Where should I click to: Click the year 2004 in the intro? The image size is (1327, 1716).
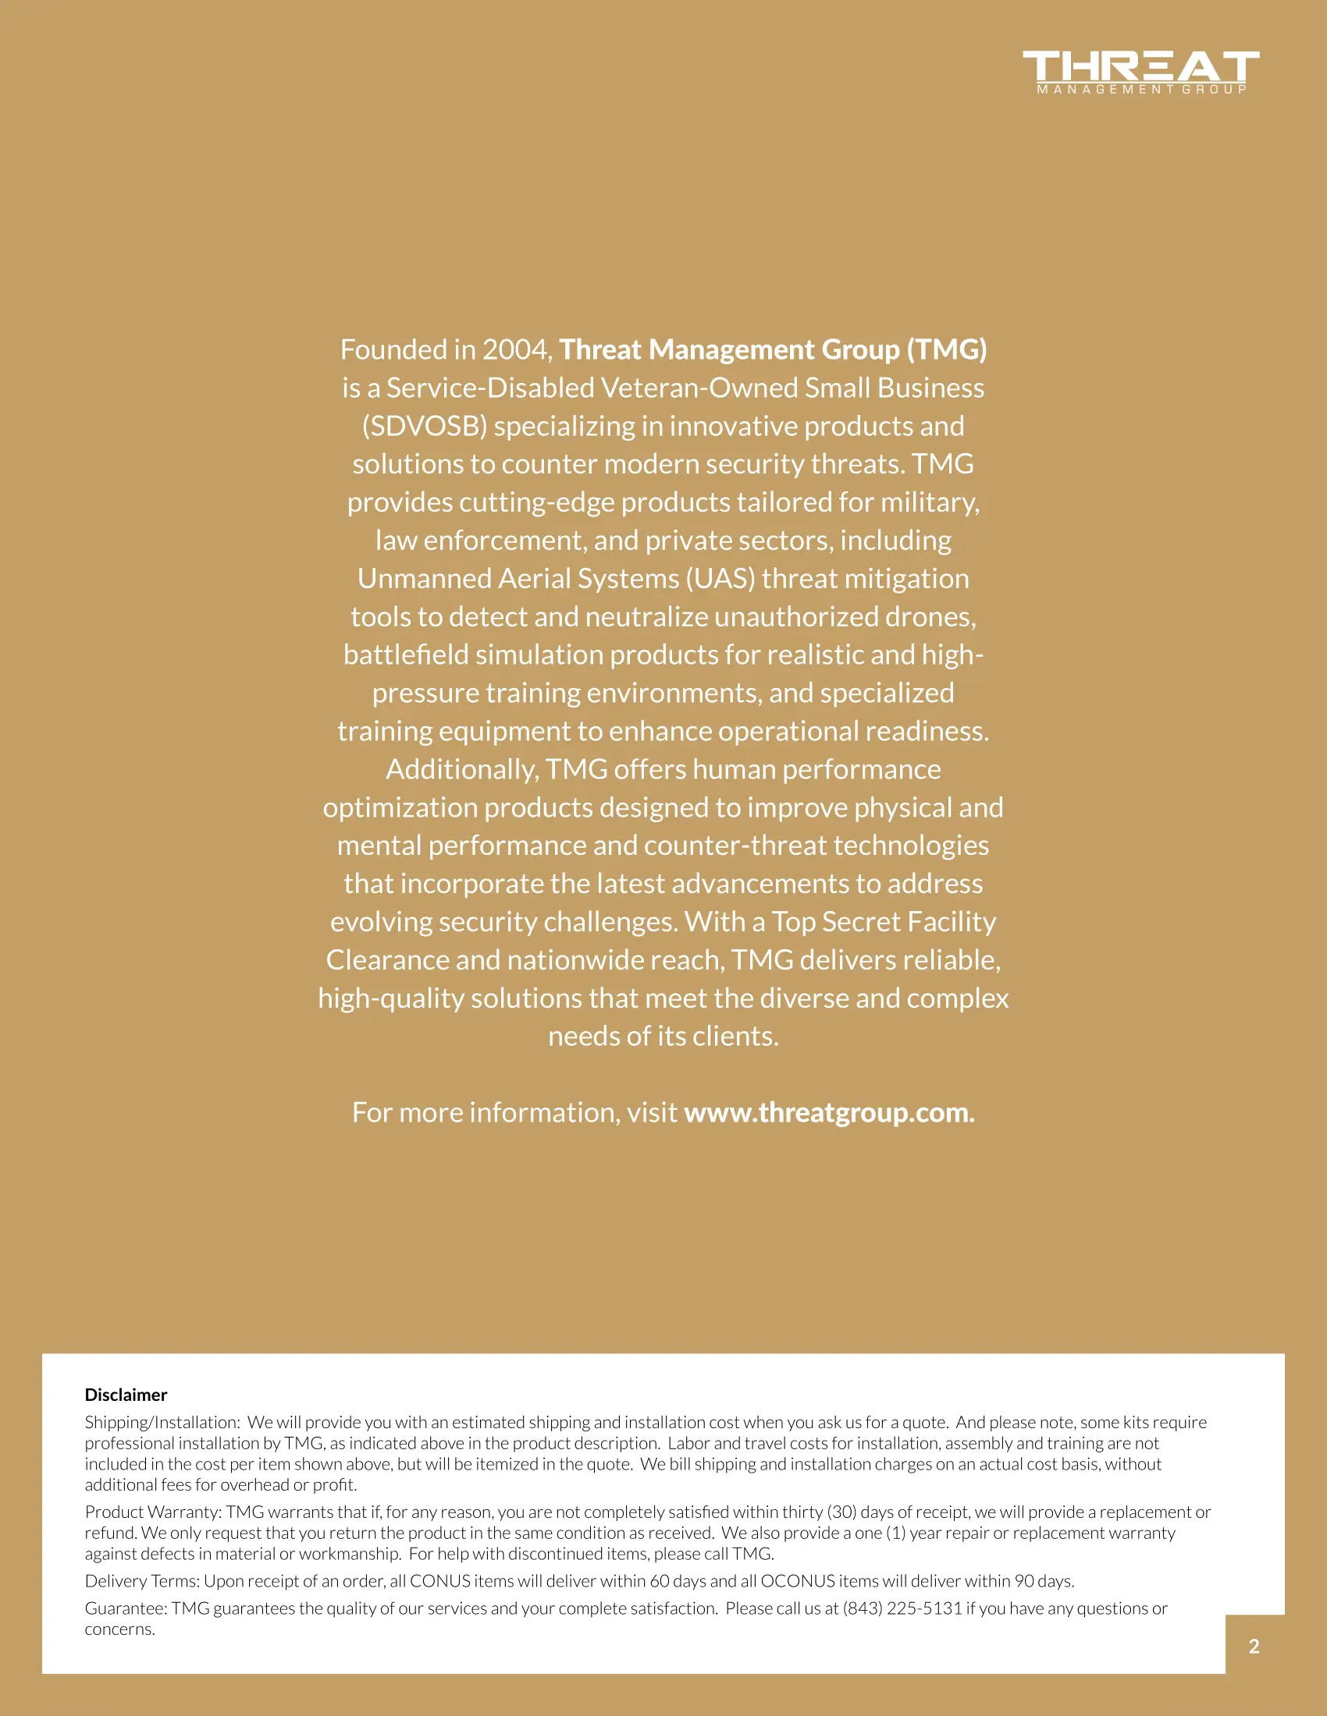(x=517, y=349)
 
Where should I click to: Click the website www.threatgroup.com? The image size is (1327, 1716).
(x=828, y=1112)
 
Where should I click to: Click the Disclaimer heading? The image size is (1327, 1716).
(x=126, y=1395)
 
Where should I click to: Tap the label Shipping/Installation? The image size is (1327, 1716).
(x=162, y=1422)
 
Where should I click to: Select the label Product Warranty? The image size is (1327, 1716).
(x=153, y=1512)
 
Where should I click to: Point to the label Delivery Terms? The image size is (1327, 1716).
(x=142, y=1581)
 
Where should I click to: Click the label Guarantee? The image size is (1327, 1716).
(x=126, y=1608)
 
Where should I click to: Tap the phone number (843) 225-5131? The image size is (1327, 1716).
(x=902, y=1608)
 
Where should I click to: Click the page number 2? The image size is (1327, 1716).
(x=1254, y=1646)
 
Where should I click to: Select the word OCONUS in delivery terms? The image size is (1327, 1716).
(x=797, y=1581)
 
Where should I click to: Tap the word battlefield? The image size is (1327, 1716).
(x=406, y=654)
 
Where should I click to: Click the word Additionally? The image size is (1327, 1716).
(x=461, y=769)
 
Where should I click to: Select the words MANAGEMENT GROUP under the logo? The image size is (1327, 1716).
(x=1141, y=90)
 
